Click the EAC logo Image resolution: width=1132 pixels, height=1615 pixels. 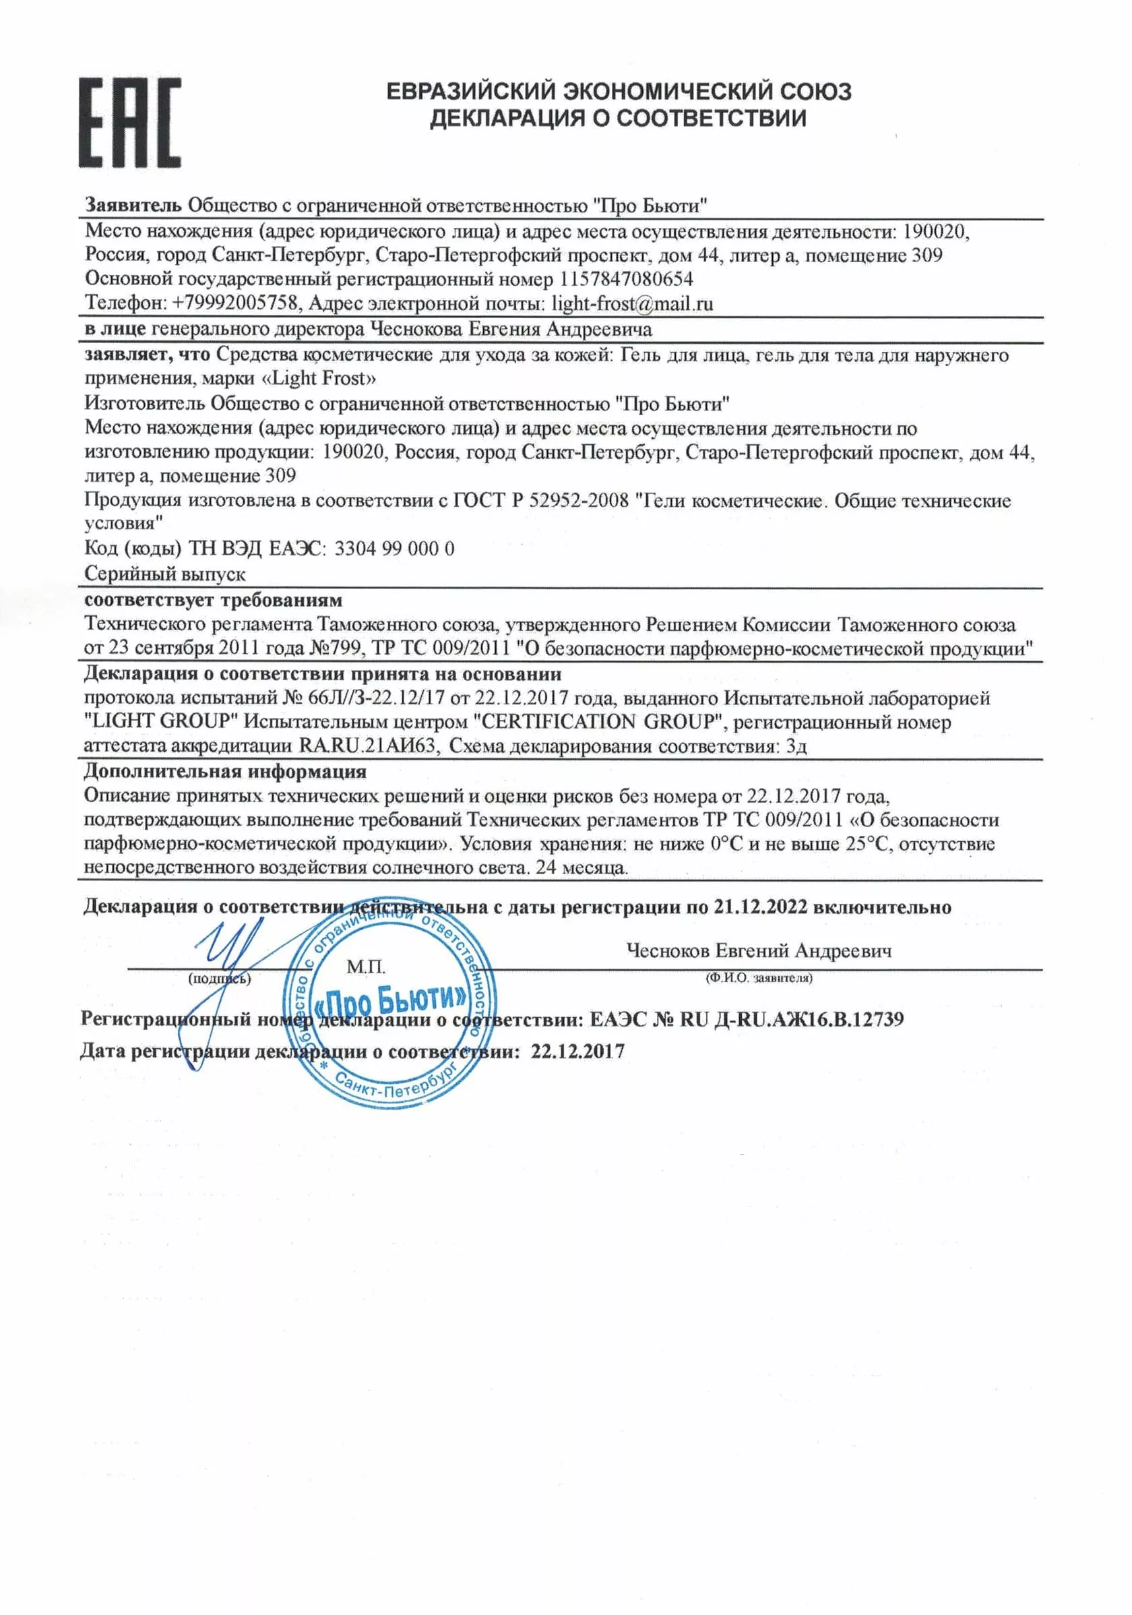point(129,123)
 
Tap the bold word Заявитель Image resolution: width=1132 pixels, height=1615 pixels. point(133,206)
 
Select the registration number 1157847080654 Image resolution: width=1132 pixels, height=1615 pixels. point(626,279)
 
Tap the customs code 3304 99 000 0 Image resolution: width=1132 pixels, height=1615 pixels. point(394,548)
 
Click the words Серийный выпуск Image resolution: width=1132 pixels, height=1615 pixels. point(164,574)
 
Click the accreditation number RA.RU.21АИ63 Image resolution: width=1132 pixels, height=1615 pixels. point(368,745)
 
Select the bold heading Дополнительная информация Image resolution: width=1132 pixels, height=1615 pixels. point(225,771)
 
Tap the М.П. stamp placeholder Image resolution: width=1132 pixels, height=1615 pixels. point(366,967)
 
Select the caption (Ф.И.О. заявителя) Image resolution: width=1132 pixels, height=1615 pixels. point(759,978)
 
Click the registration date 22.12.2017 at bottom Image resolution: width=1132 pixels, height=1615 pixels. point(577,1052)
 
